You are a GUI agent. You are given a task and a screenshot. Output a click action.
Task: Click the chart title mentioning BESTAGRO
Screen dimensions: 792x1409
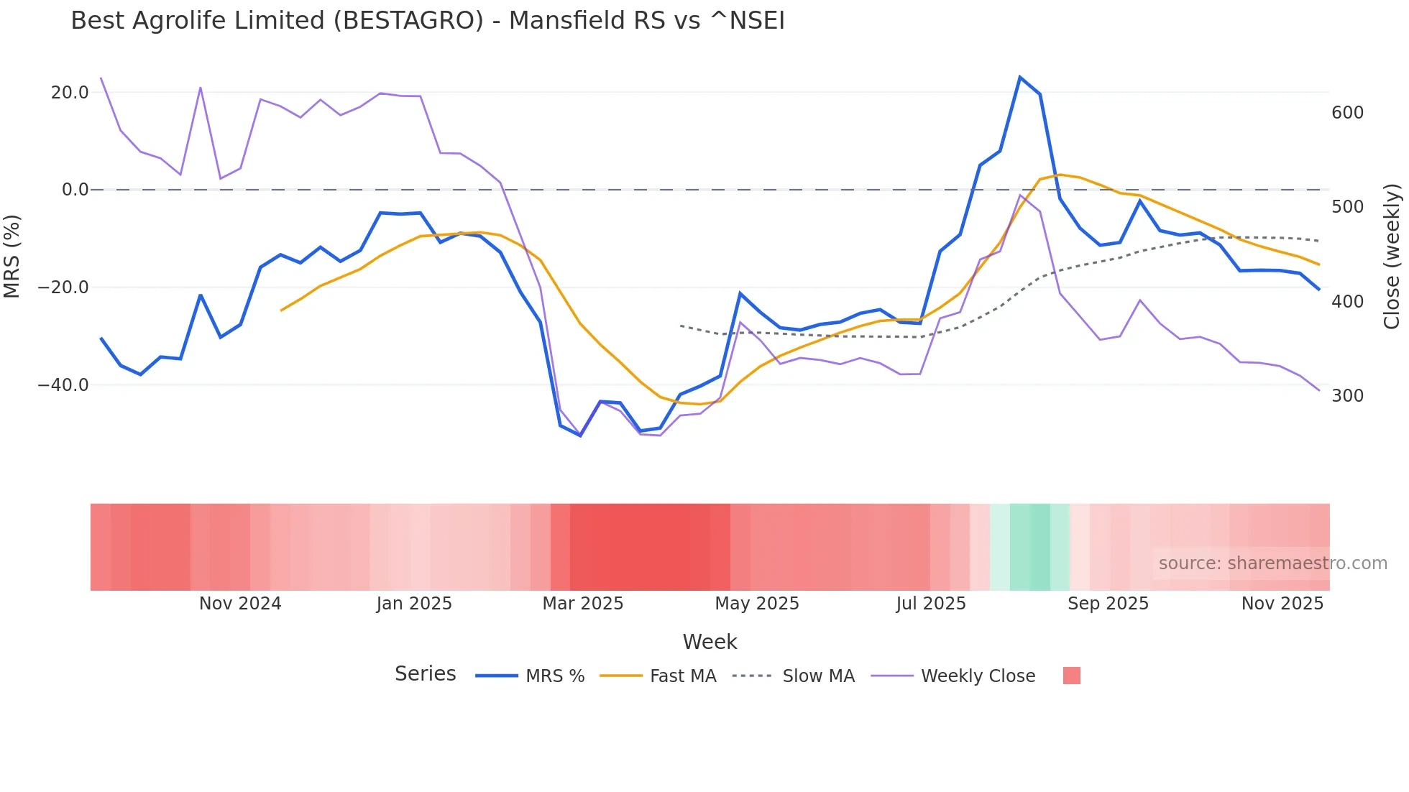428,21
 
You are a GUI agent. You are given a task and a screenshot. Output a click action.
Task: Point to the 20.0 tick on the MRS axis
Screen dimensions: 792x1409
70,93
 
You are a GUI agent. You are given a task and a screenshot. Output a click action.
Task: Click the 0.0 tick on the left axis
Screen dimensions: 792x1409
75,190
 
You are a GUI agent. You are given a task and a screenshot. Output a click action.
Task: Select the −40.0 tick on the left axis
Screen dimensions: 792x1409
63,385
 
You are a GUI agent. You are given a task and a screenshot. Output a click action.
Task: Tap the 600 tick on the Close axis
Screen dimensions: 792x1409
1347,113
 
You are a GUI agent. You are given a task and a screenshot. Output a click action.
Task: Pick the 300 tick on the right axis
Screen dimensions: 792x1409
1347,396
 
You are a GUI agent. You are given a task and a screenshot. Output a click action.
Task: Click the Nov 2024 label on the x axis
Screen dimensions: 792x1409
240,604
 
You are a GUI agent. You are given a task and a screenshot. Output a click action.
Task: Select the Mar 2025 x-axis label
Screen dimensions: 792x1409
582,604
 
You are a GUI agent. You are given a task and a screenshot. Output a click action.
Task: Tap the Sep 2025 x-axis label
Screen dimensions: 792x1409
1108,604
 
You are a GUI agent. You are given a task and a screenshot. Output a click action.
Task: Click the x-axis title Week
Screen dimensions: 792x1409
710,642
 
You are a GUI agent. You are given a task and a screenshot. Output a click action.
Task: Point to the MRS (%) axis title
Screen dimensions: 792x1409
12,256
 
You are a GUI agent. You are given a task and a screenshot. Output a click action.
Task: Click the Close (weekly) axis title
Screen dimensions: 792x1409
1392,256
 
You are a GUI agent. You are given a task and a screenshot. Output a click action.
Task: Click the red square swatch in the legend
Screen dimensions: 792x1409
1071,676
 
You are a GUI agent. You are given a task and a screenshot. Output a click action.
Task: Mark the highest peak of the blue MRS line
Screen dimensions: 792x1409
1019,77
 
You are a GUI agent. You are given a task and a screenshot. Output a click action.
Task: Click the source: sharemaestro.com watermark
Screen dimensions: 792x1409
1272,563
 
